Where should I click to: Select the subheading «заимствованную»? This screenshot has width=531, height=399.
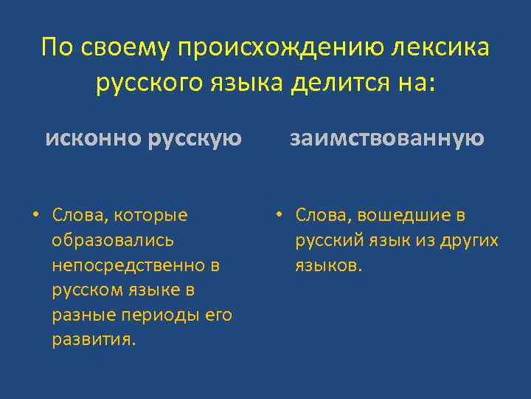[386, 138]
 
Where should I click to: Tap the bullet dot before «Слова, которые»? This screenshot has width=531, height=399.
[35, 215]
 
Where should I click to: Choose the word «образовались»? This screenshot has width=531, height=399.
[113, 240]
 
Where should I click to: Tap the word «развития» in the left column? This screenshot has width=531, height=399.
[92, 340]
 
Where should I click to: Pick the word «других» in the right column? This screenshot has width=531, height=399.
[472, 240]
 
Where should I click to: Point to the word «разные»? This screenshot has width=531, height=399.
[80, 315]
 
